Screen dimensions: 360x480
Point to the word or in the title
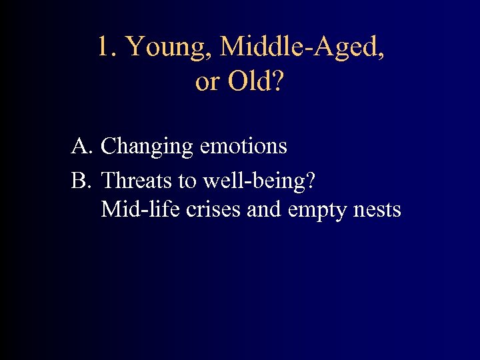pos(206,83)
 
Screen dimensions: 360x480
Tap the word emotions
pos(243,146)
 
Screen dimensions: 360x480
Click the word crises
pos(213,210)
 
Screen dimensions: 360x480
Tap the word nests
pos(377,211)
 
